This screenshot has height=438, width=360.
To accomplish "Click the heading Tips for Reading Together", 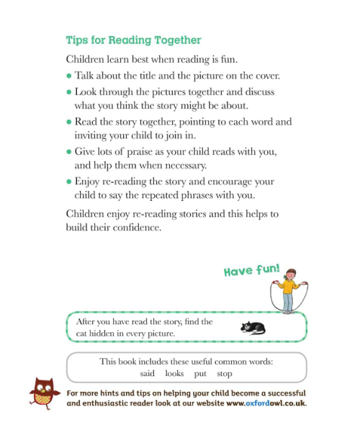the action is tap(133, 40).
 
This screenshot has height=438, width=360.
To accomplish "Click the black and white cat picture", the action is tap(253, 327).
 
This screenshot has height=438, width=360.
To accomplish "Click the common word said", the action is tap(148, 374).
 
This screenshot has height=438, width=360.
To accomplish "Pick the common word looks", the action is tap(175, 374).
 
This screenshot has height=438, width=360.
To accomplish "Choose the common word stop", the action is tap(225, 374).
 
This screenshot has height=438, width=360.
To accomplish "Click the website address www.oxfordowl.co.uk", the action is tap(266, 404).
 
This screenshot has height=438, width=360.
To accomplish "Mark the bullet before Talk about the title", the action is tap(69, 76).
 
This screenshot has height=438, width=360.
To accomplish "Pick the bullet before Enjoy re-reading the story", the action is tap(69, 183).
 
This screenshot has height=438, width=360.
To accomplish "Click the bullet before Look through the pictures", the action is tap(69, 93).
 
